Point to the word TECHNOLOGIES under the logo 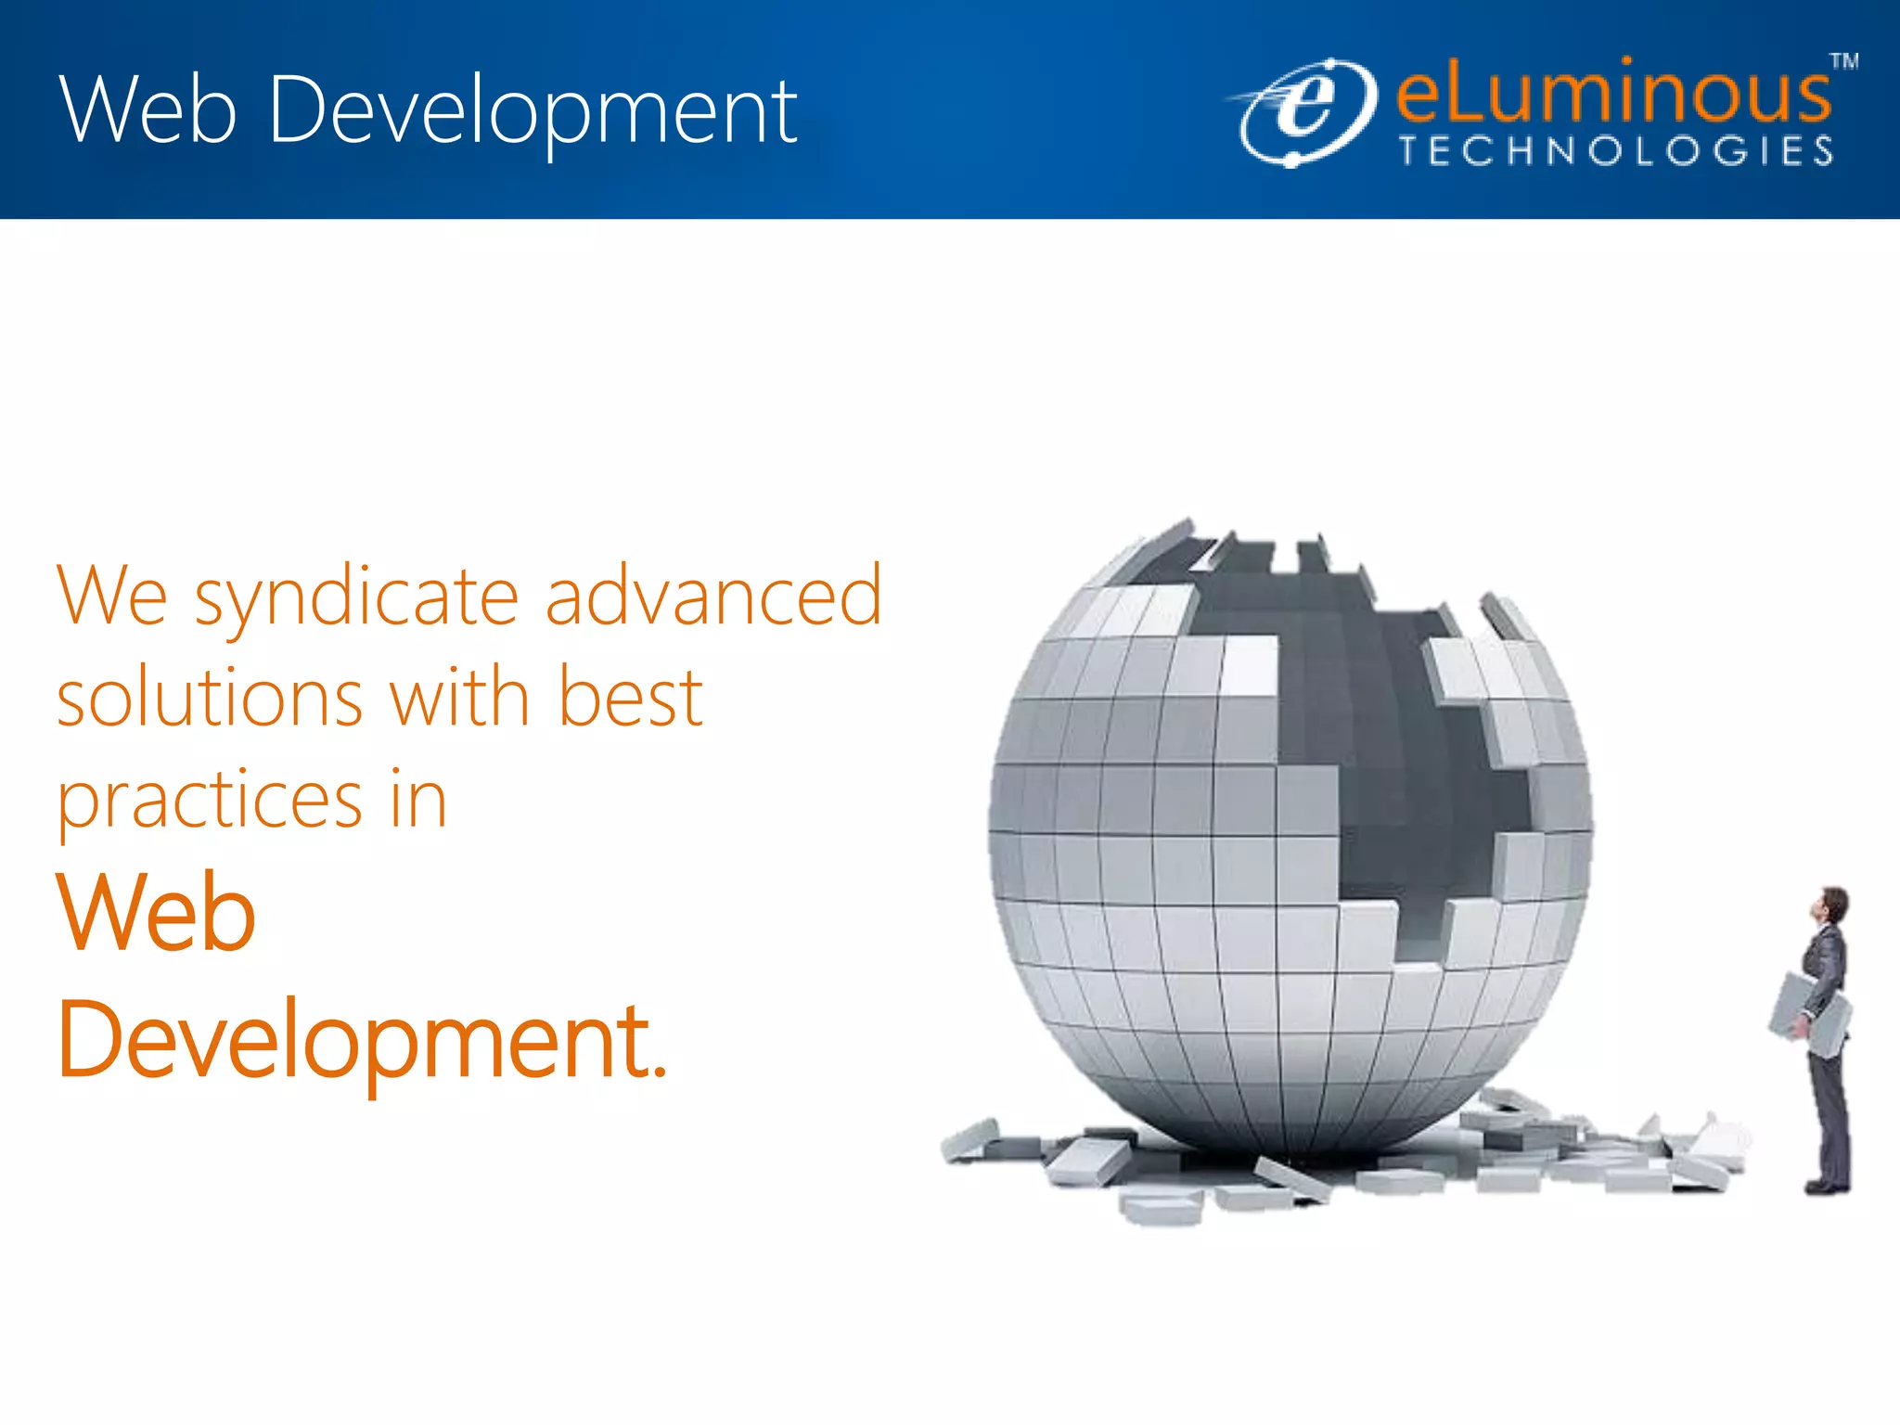pos(1616,151)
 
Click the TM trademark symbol pos(1843,62)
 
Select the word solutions pos(210,698)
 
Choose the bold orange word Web pos(156,913)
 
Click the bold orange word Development pos(353,1041)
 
